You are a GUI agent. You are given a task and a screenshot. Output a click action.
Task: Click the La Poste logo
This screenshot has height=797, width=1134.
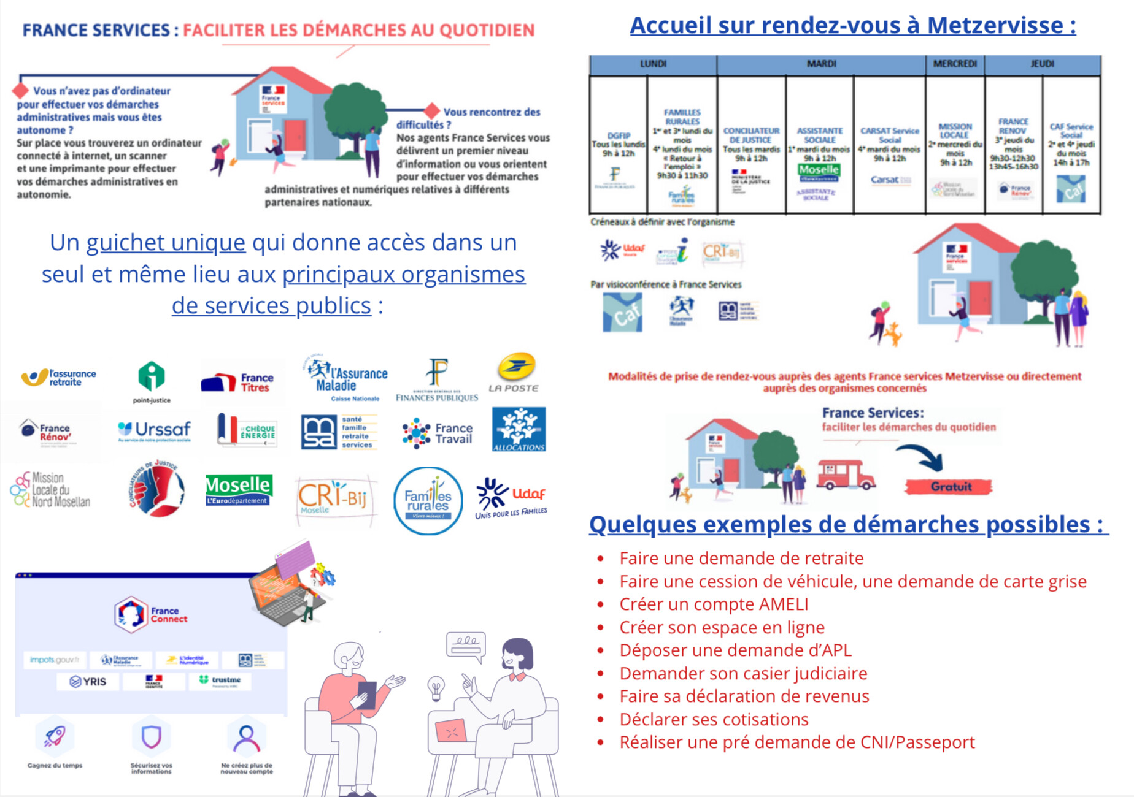click(x=514, y=372)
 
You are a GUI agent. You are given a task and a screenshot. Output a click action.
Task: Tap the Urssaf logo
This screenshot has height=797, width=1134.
click(x=154, y=431)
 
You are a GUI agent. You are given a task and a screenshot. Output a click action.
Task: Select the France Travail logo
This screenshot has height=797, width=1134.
click(x=437, y=433)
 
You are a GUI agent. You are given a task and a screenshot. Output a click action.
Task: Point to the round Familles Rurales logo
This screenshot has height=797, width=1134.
click(x=428, y=501)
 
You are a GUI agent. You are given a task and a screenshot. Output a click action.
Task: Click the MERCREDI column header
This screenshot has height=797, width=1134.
click(x=954, y=64)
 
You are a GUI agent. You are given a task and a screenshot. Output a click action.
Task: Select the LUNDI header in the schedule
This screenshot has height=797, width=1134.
click(x=653, y=64)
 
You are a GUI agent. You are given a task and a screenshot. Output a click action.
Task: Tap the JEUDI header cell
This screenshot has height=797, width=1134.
click(x=1042, y=64)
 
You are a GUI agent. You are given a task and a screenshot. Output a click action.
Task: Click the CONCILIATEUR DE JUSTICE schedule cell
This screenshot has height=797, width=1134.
click(x=751, y=147)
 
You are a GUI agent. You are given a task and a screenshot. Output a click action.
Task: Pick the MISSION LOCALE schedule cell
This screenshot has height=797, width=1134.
click(x=954, y=147)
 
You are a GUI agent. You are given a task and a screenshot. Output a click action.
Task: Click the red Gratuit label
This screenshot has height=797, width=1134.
click(x=949, y=487)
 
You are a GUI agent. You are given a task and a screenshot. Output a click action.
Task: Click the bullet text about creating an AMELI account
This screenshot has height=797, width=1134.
click(x=714, y=604)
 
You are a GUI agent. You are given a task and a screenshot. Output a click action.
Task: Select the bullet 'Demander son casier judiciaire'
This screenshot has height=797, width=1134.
click(x=743, y=673)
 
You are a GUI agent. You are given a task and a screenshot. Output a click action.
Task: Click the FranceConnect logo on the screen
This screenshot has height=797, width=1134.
click(x=150, y=614)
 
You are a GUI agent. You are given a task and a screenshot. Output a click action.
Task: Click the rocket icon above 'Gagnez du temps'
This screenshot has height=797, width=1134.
click(x=55, y=736)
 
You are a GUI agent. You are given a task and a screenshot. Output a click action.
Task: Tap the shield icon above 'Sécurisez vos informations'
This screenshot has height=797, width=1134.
click(x=151, y=736)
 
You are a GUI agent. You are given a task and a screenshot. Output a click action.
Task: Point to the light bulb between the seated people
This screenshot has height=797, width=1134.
click(x=436, y=688)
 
